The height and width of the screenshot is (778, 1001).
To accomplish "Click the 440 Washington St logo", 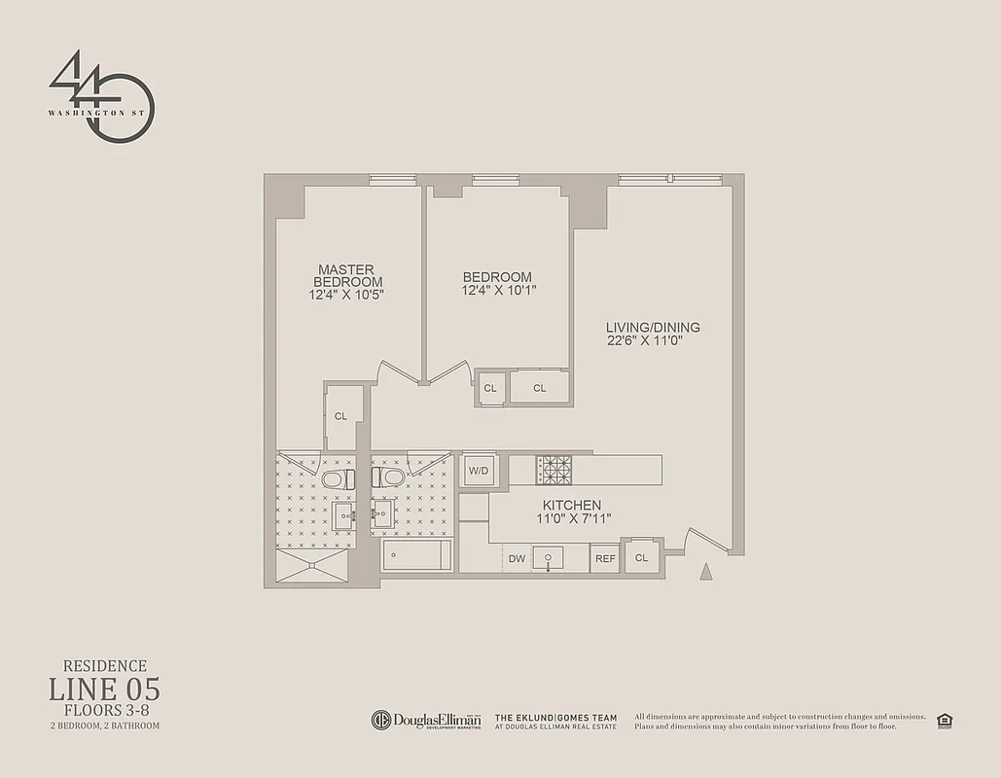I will pyautogui.click(x=101, y=97).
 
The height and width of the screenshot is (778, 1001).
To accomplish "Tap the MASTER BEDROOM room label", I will pyautogui.click(x=347, y=275).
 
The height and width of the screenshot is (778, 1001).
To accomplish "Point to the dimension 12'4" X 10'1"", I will pyautogui.click(x=497, y=290).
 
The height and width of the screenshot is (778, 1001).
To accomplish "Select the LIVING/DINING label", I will pyautogui.click(x=653, y=328).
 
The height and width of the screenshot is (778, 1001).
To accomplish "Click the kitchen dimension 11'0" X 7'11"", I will pyautogui.click(x=572, y=518).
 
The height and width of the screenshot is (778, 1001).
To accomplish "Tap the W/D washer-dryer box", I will pyautogui.click(x=479, y=470).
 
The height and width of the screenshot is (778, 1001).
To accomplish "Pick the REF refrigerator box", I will pyautogui.click(x=605, y=558).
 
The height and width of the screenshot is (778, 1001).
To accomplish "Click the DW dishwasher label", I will pyautogui.click(x=518, y=558).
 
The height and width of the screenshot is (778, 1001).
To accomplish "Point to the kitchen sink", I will pyautogui.click(x=549, y=557).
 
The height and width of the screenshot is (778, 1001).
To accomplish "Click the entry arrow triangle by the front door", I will pyautogui.click(x=706, y=572).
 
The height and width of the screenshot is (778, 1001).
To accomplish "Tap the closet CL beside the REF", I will pyautogui.click(x=641, y=557).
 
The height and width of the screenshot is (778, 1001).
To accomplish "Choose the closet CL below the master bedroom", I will pyautogui.click(x=341, y=416).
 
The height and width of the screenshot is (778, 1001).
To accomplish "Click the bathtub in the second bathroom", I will pyautogui.click(x=416, y=555).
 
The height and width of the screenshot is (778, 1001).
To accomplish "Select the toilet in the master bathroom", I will pyautogui.click(x=337, y=478).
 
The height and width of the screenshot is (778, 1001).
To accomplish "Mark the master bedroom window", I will pyautogui.click(x=392, y=179).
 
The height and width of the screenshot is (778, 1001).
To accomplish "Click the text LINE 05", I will pyautogui.click(x=104, y=690).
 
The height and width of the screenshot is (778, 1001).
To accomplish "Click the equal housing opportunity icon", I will pyautogui.click(x=943, y=720).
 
